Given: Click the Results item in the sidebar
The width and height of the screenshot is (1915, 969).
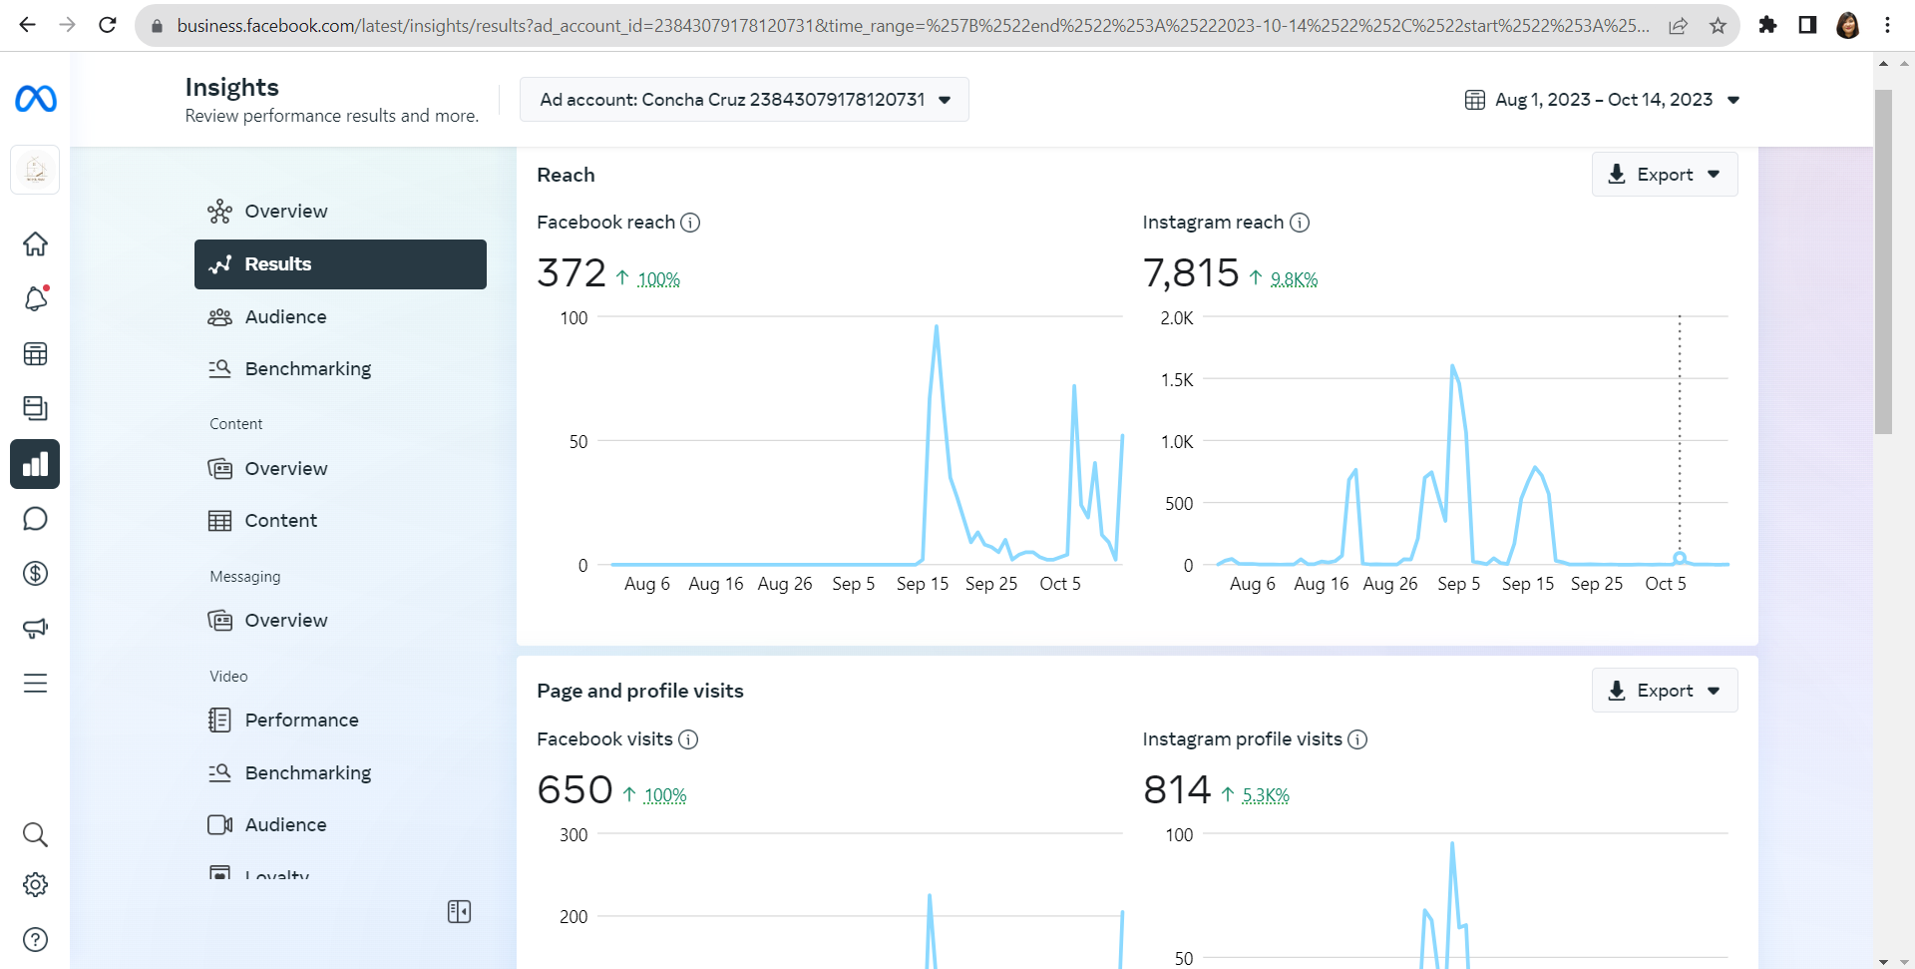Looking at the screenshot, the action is (x=340, y=264).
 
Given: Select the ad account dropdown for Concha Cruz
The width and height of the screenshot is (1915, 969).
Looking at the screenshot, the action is (x=744, y=100).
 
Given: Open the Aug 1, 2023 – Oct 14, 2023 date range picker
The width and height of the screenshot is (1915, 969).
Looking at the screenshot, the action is (x=1603, y=100).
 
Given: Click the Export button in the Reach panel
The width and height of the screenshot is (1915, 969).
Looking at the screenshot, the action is (x=1665, y=175).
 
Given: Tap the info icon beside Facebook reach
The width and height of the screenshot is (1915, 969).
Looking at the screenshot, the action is (x=690, y=223).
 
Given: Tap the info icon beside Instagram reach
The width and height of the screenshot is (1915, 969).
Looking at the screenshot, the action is (x=1300, y=223).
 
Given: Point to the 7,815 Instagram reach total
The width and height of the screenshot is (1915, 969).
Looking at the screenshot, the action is (x=1191, y=272).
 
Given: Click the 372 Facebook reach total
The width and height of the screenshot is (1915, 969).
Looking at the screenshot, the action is (x=572, y=272).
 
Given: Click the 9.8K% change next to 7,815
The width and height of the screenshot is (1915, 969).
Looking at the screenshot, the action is (x=1294, y=279).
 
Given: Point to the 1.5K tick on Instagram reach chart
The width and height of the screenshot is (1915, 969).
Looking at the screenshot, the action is (x=1177, y=380).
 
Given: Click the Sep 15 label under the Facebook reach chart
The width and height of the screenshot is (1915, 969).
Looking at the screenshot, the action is (x=923, y=584).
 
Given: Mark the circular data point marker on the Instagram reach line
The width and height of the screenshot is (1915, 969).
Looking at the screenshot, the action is (x=1680, y=558).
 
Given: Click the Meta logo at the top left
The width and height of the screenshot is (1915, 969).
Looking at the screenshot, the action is (x=36, y=99).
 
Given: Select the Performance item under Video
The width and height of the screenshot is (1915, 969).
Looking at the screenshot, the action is (x=301, y=721).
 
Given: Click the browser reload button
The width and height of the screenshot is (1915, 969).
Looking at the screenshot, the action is (x=108, y=25).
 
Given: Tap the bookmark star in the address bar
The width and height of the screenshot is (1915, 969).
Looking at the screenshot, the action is (x=1718, y=26).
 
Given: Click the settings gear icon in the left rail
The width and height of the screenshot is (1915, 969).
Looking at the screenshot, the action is (x=35, y=885).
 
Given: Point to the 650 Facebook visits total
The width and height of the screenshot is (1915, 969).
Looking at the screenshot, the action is (x=574, y=789).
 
